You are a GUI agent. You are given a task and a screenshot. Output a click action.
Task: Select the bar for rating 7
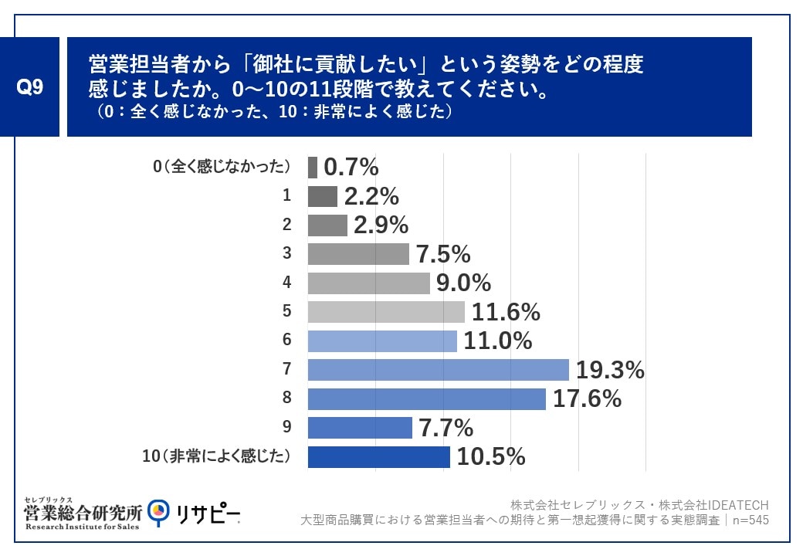(x=438, y=370)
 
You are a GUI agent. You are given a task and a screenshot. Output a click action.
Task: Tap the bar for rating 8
(x=426, y=398)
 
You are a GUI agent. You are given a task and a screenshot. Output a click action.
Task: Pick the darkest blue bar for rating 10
(x=378, y=456)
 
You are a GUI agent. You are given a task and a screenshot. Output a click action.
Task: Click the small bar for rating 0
(x=312, y=167)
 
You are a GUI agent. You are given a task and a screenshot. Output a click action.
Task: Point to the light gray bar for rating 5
(x=386, y=312)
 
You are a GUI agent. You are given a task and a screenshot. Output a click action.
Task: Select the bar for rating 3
(x=358, y=254)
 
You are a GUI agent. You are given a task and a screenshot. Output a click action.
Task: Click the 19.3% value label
(x=611, y=370)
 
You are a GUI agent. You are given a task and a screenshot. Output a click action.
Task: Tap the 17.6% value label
(x=588, y=398)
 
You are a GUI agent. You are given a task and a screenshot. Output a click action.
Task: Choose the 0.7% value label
(x=351, y=167)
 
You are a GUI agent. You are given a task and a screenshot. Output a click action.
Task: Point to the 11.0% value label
(x=499, y=341)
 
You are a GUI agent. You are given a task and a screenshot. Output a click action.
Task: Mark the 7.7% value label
(x=446, y=428)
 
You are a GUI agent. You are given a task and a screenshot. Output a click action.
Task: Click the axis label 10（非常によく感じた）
(x=216, y=456)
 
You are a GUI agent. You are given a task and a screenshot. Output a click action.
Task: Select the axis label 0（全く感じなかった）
(x=222, y=167)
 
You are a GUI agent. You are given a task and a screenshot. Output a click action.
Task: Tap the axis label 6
(x=286, y=341)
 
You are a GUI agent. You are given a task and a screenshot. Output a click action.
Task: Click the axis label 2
(x=286, y=225)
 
